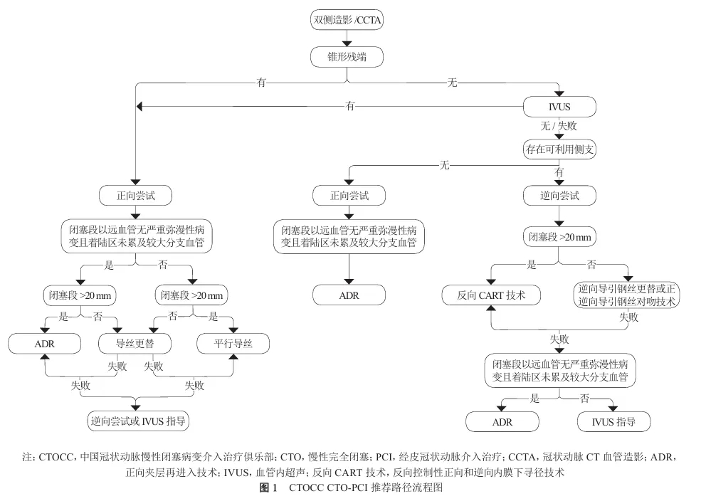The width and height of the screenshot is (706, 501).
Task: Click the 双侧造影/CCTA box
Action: [348, 20]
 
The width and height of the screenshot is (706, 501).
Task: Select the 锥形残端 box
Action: [348, 56]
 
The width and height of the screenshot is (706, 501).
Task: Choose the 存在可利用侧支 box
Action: [559, 149]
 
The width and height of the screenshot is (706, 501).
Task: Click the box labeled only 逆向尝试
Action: [559, 194]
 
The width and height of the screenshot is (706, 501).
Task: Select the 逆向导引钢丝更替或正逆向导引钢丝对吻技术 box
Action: [626, 295]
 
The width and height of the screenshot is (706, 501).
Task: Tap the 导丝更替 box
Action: [135, 344]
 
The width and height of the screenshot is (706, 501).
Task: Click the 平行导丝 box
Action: [233, 344]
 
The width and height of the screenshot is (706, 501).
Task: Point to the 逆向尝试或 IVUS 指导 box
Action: [135, 421]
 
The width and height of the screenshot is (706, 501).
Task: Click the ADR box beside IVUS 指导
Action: [502, 422]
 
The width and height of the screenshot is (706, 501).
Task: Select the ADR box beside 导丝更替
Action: [44, 344]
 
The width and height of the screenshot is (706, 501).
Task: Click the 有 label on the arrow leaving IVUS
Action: [350, 106]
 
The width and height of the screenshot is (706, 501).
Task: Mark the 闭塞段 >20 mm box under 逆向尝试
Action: [559, 236]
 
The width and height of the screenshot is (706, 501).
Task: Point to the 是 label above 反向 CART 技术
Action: [531, 265]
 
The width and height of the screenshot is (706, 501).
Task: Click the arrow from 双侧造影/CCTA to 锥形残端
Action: [348, 38]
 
